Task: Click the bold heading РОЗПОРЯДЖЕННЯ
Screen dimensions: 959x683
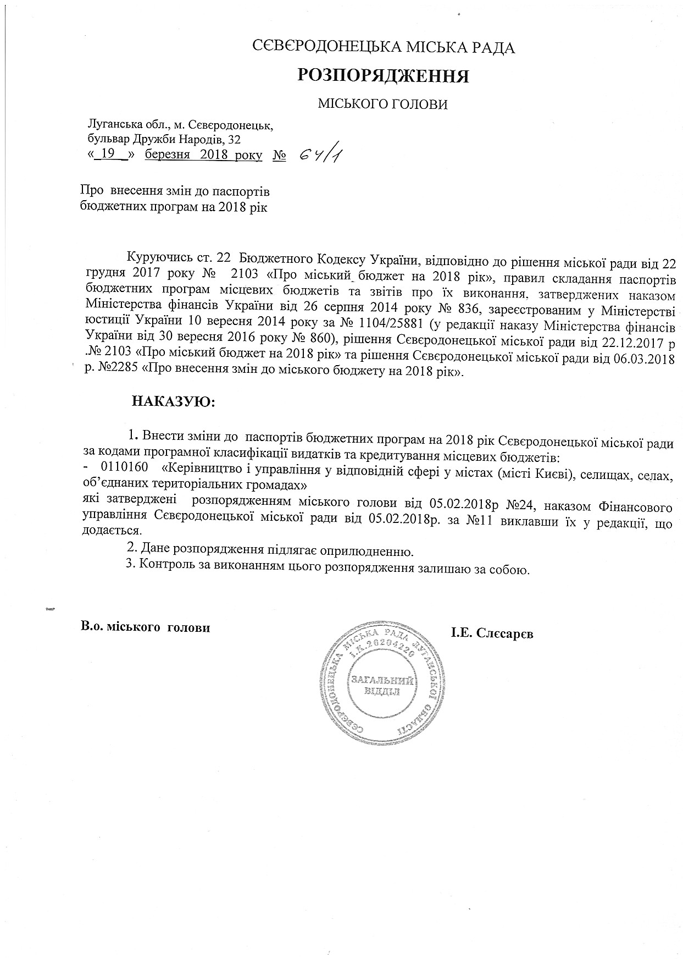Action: tap(383, 76)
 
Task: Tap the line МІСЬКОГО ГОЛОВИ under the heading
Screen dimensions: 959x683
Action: tap(383, 104)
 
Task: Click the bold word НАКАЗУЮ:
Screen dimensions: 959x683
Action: tap(173, 402)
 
